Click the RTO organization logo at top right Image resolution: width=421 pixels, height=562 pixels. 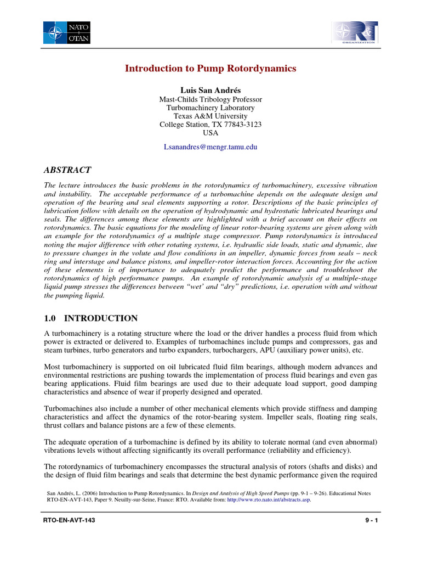(354, 32)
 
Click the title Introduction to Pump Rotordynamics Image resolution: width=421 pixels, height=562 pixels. (210, 69)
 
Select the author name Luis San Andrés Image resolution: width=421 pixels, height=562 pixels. (210, 89)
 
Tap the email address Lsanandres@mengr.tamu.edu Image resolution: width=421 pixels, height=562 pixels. (210, 147)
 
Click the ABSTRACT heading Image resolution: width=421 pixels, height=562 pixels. (67, 170)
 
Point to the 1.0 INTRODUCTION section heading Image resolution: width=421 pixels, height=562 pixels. (90, 318)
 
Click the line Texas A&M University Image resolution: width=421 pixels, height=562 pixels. (210, 116)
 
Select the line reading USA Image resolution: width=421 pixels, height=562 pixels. (210, 133)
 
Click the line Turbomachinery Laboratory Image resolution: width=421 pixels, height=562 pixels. (210, 108)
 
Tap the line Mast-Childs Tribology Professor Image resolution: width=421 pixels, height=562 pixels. (210, 99)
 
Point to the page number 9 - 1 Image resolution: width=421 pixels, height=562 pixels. (371, 520)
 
